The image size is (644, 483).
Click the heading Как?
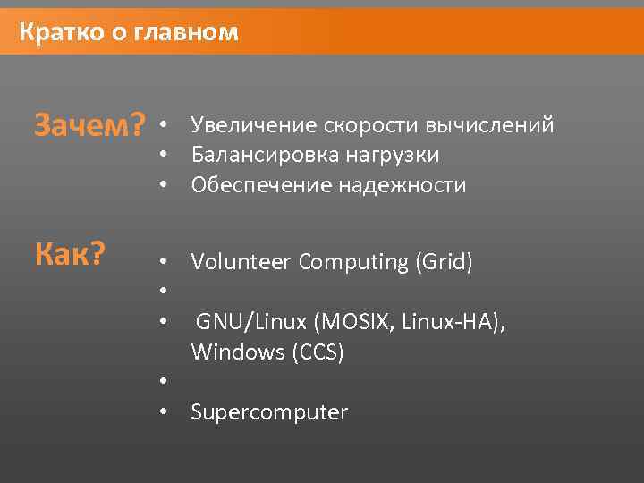point(70,256)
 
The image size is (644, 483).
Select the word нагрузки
point(393,155)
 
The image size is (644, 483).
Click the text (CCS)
point(318,352)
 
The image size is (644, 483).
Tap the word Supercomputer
point(268,412)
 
